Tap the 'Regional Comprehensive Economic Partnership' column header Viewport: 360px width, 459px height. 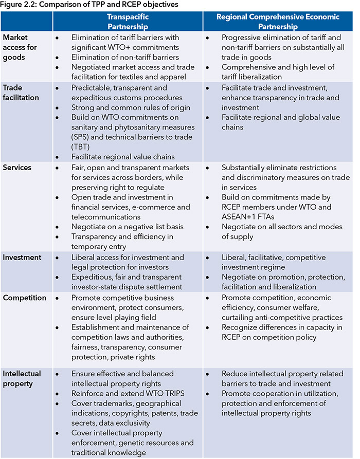tap(278, 22)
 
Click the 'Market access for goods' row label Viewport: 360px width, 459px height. tap(21, 47)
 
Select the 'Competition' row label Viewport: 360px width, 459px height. tap(25, 298)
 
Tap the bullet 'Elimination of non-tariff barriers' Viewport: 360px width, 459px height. tap(125, 57)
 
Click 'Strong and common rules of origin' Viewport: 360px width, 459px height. tap(131, 107)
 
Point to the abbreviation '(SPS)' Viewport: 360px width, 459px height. tap(81, 137)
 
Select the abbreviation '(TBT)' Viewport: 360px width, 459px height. tap(81, 146)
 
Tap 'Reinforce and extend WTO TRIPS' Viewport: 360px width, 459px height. tap(128, 393)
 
